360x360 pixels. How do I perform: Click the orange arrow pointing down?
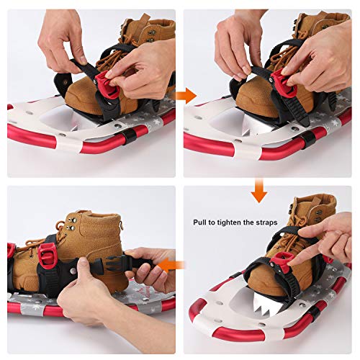259,192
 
